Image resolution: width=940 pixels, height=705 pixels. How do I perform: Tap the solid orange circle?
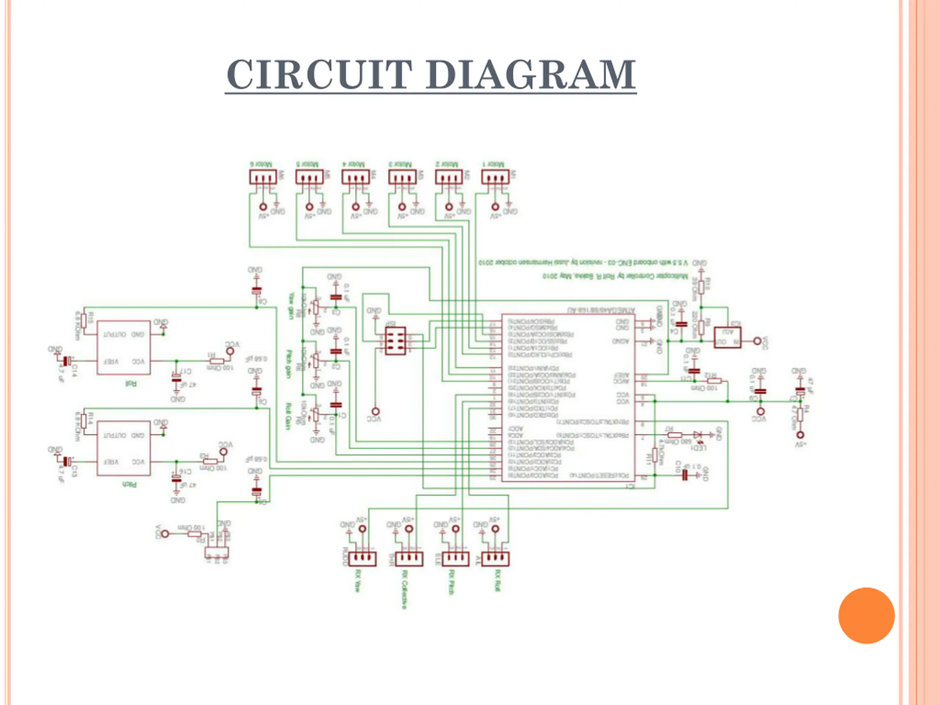click(866, 616)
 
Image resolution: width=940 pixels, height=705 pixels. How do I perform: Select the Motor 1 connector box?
click(495, 177)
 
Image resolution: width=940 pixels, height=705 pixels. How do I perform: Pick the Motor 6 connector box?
click(263, 177)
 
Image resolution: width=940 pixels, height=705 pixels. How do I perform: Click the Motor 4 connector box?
click(356, 177)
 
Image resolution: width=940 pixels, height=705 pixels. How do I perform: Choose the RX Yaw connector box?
click(362, 559)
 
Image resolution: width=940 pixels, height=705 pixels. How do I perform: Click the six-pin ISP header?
click(395, 340)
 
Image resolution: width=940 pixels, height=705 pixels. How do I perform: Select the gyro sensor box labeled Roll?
click(124, 348)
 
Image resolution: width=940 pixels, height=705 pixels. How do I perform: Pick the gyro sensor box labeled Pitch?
click(124, 448)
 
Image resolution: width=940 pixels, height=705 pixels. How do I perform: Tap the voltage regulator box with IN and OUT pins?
click(727, 337)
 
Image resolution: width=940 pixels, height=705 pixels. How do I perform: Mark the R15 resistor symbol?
click(84, 320)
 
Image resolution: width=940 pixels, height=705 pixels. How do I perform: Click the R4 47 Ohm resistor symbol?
click(800, 414)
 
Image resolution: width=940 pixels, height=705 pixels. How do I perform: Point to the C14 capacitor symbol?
click(67, 361)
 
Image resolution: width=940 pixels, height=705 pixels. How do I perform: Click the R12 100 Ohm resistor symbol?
click(714, 381)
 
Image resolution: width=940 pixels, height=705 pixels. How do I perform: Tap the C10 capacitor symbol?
click(684, 475)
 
